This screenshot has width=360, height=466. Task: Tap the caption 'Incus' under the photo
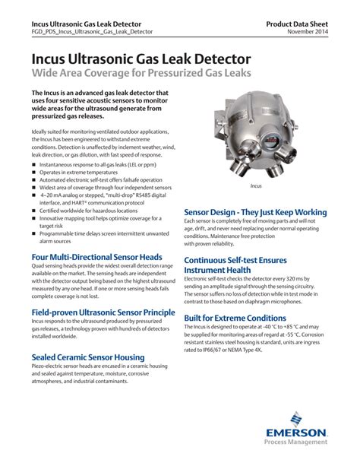[x=256, y=185]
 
